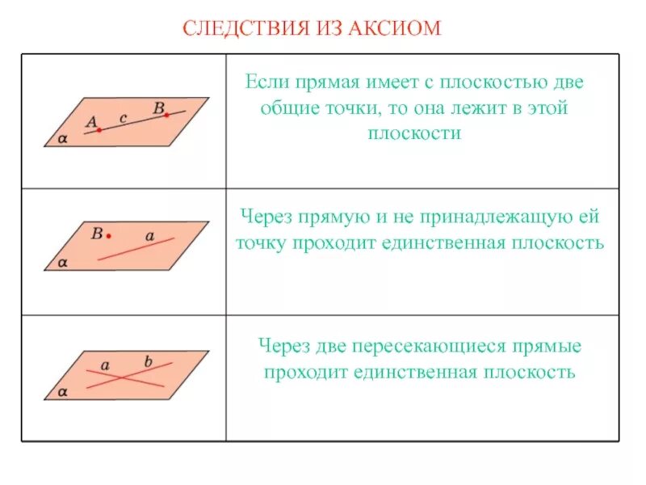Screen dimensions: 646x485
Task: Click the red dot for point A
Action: point(99,129)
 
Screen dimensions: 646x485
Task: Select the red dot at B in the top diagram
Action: point(166,115)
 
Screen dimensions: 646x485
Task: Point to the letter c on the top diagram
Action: point(123,118)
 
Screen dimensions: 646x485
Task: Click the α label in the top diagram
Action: point(63,139)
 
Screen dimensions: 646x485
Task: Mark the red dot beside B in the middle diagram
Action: point(108,236)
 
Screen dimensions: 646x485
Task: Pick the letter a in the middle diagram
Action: point(149,236)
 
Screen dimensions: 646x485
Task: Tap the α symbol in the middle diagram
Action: point(63,263)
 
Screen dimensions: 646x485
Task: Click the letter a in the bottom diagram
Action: point(105,365)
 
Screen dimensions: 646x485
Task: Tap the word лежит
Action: point(478,108)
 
